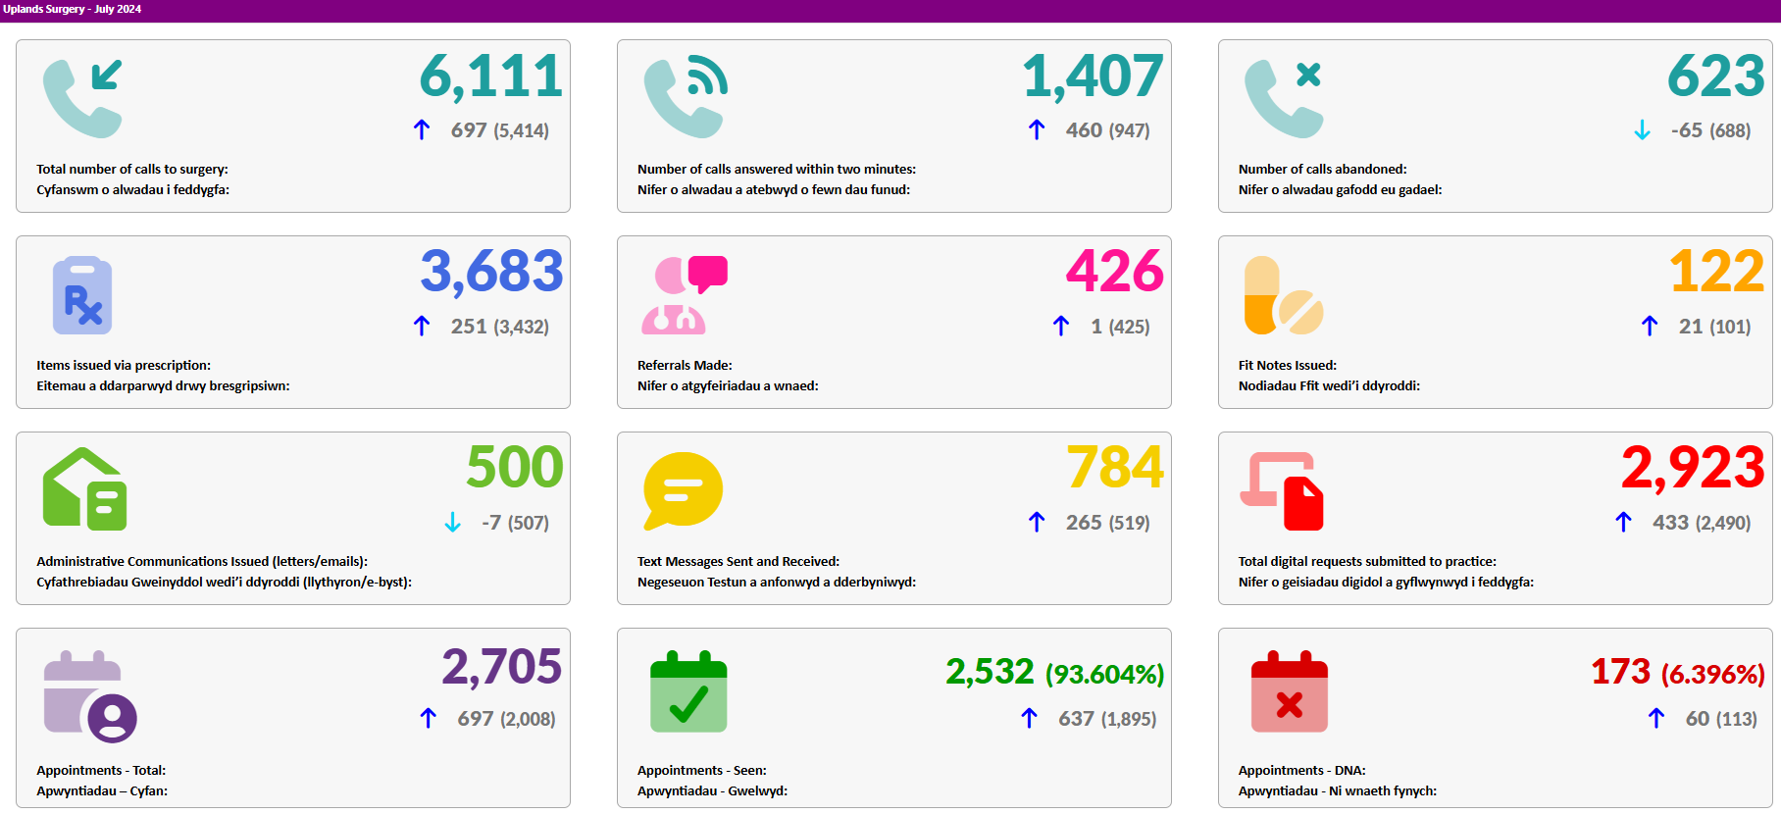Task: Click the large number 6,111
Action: tap(491, 76)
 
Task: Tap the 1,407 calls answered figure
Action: tap(1093, 76)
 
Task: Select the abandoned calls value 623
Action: tap(1716, 76)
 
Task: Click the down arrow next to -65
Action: tap(1642, 130)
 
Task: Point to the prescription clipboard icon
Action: tap(82, 295)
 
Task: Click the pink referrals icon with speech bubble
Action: tap(685, 294)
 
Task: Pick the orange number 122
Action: tap(1716, 272)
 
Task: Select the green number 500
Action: tap(515, 468)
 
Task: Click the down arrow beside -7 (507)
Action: tap(452, 523)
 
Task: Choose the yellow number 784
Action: tap(1115, 468)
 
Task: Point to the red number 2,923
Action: tap(1693, 469)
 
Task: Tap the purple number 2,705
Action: tap(501, 668)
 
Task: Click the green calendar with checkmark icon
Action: tap(688, 691)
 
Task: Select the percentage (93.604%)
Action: tap(1104, 675)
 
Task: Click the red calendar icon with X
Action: tap(1289, 691)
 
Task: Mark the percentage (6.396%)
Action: tap(1712, 675)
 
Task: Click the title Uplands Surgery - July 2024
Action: tap(73, 9)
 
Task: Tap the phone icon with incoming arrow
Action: tap(83, 98)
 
